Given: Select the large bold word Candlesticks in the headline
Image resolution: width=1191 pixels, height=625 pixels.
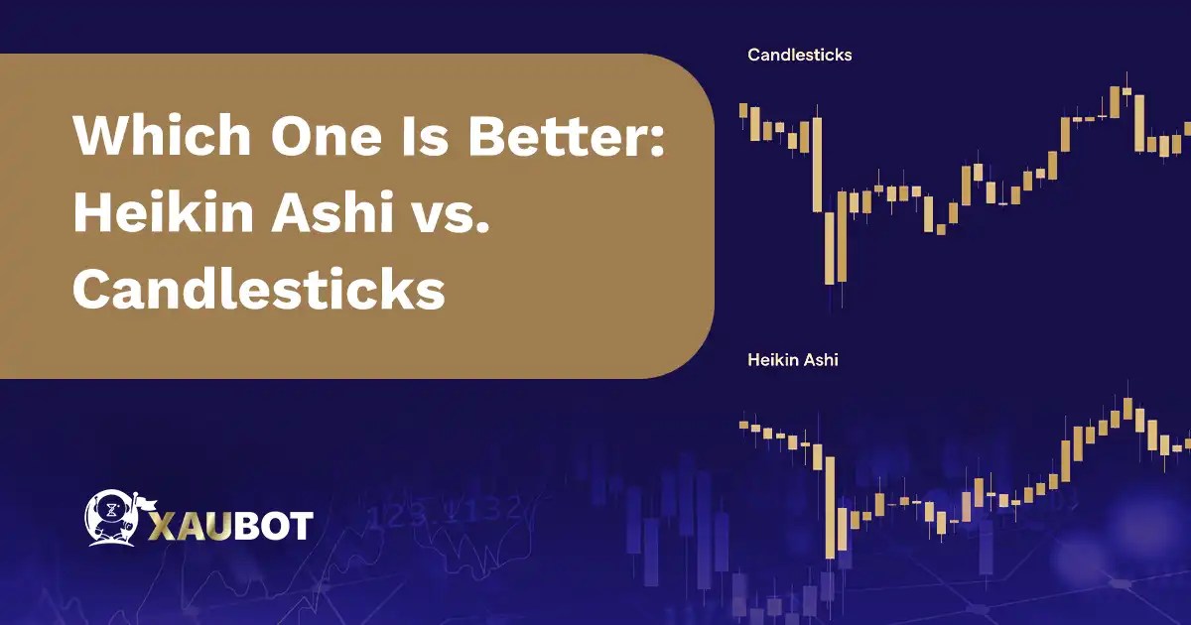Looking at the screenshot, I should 257,289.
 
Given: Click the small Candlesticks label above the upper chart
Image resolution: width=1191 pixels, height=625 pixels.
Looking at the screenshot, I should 799,56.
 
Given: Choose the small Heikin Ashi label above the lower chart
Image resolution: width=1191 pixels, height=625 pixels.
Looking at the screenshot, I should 792,360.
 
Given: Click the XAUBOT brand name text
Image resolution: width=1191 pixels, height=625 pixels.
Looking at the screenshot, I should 230,525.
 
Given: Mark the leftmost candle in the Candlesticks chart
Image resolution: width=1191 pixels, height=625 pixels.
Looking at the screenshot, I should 743,110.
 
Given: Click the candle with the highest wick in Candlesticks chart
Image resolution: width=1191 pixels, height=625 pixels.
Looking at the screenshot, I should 1127,94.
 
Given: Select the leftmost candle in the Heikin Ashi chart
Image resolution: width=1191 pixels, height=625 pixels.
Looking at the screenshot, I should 743,425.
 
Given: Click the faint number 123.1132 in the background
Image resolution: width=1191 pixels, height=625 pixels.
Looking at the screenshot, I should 447,513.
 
